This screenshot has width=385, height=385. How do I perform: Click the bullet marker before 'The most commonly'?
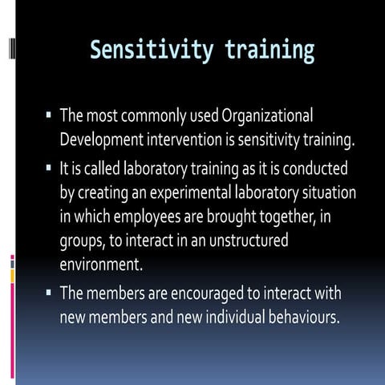click(x=49, y=116)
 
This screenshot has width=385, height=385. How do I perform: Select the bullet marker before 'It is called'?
click(x=49, y=171)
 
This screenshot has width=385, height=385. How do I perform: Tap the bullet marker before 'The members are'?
click(x=49, y=294)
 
